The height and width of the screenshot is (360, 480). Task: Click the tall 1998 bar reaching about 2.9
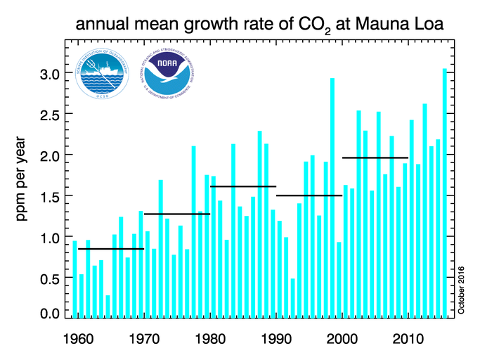click(332, 198)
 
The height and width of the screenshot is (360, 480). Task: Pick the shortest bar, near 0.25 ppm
click(108, 307)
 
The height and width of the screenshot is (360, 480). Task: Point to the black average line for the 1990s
click(309, 195)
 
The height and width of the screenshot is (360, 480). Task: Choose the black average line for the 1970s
click(176, 213)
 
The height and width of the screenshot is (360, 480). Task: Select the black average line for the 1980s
click(243, 186)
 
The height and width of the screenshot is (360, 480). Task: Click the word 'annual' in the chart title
click(98, 25)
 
